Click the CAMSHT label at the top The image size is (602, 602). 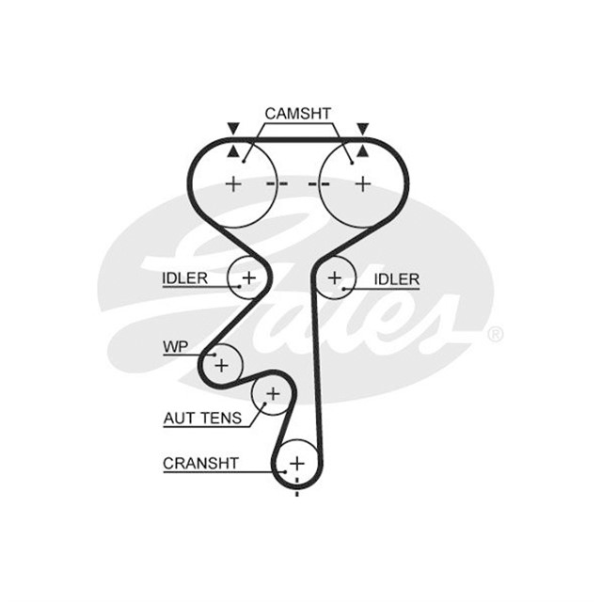297,114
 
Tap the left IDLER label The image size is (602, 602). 184,278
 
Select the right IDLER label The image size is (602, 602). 397,279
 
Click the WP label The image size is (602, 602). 176,347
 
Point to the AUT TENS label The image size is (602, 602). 202,418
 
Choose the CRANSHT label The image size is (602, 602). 200,464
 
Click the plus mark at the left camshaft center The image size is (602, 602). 233,184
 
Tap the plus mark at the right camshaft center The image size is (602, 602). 363,184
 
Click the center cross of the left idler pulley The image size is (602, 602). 249,277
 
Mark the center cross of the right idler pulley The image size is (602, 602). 335,277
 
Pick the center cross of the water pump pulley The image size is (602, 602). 222,365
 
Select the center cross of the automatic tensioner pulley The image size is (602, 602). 274,394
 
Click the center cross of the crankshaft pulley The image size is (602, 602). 297,464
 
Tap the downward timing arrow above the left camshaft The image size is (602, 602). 233,128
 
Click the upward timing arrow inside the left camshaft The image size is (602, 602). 232,152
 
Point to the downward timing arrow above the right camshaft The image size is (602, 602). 363,128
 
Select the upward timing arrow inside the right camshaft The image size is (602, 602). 362,152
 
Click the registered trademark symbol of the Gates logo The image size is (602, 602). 496,335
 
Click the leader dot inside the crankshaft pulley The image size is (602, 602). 285,472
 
